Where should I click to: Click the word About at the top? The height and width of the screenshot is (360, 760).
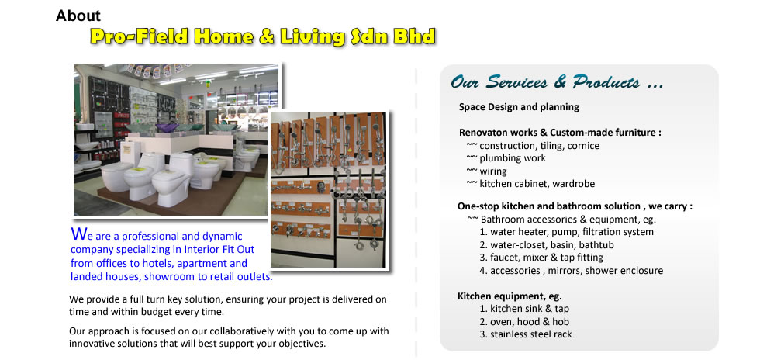78,16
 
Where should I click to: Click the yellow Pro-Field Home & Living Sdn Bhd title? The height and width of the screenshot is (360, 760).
263,37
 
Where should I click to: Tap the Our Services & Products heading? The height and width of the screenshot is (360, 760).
557,82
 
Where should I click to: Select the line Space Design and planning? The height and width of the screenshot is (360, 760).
519,107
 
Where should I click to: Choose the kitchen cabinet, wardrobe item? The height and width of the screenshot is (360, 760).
530,184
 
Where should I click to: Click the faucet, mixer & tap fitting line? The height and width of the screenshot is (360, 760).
541,258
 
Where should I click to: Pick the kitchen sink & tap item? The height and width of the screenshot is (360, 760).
524,309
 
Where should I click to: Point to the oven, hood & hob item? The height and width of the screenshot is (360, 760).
524,322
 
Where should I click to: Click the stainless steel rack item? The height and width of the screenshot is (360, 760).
526,334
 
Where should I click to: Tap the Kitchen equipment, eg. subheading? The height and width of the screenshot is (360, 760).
510,296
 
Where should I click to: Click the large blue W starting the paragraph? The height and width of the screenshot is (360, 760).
79,234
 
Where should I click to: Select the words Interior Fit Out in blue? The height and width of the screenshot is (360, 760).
219,250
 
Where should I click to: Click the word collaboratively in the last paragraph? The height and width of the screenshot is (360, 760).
242,331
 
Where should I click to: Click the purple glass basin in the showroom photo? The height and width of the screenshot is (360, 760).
167,128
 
